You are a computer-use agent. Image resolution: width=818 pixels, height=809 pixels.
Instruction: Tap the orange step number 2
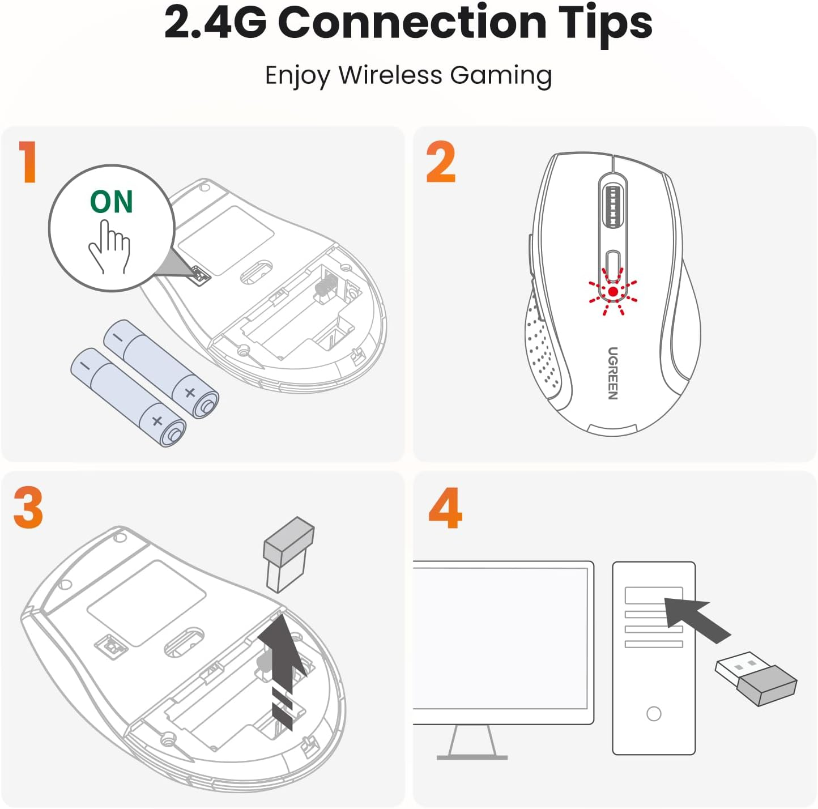(x=441, y=162)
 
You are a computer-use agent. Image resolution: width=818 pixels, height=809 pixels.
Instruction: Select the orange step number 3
(x=28, y=508)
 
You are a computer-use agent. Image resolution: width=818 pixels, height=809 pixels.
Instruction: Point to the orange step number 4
(x=445, y=508)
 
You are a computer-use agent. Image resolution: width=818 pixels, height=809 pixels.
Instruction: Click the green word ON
(x=112, y=202)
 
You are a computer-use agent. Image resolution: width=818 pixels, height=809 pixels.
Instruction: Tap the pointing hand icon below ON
(x=109, y=247)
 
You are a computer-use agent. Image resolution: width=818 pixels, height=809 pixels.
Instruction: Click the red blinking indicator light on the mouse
(x=613, y=292)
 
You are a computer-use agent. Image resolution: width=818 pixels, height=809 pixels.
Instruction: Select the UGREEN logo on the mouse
(x=613, y=373)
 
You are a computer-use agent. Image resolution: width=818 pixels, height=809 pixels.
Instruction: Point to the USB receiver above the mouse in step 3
(x=288, y=553)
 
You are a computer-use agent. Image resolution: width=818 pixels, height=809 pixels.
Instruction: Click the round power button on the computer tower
(x=654, y=713)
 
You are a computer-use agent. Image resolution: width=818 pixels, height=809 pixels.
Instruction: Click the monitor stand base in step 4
(x=472, y=756)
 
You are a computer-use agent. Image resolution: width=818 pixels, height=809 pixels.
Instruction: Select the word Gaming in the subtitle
(x=501, y=75)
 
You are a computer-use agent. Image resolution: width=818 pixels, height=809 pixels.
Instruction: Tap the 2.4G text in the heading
(x=215, y=23)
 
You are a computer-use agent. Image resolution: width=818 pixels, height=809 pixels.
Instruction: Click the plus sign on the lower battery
(x=157, y=421)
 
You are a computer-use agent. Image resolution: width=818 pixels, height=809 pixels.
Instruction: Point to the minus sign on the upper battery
(x=118, y=337)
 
